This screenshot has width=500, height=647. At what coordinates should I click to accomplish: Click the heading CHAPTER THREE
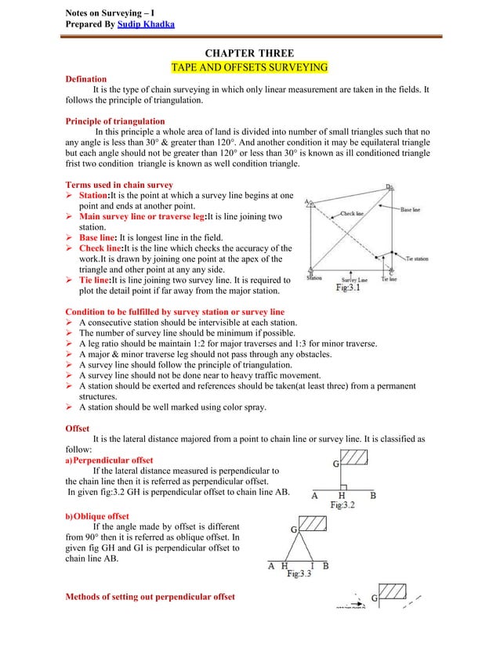[x=249, y=53]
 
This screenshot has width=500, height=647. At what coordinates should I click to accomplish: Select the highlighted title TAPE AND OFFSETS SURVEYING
[x=249, y=67]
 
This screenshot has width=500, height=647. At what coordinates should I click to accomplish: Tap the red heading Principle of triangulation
[x=114, y=121]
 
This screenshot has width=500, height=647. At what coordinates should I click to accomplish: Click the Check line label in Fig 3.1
[x=352, y=212]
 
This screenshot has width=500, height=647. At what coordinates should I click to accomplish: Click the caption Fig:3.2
[x=345, y=506]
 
